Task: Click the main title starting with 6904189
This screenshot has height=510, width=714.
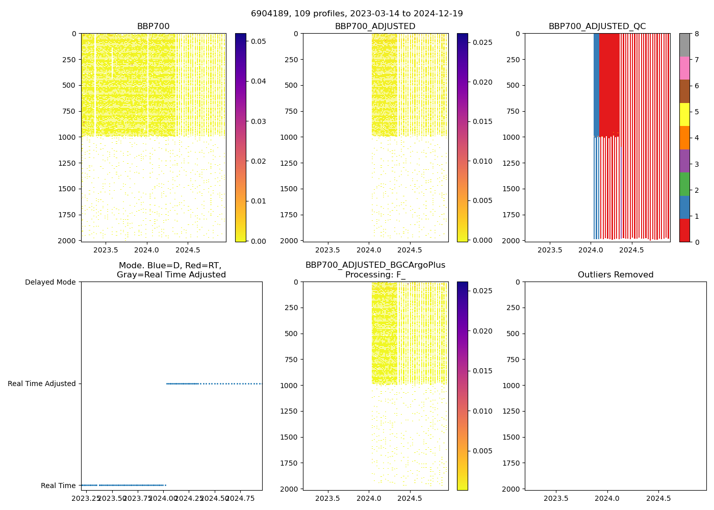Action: (x=357, y=14)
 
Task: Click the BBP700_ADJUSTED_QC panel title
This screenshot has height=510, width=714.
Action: (x=597, y=27)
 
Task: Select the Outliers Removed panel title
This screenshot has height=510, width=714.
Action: (x=616, y=275)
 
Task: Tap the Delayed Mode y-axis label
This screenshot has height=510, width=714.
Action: (x=50, y=282)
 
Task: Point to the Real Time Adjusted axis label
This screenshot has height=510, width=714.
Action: (x=42, y=384)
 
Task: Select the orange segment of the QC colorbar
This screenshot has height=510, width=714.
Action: (x=684, y=138)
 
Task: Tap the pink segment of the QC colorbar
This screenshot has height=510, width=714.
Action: (x=684, y=68)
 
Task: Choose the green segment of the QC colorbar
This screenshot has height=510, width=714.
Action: (x=684, y=184)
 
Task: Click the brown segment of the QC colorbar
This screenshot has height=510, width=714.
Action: (x=684, y=91)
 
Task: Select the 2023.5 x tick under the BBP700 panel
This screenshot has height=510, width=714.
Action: (x=106, y=250)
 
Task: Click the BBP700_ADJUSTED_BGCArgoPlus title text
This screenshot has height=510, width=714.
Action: (x=375, y=265)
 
